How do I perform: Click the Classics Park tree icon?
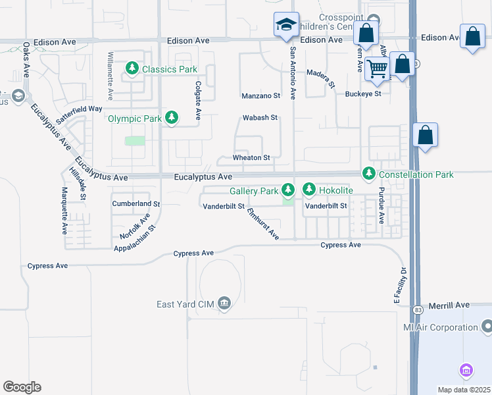(x=133, y=68)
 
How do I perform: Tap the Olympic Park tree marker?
(x=172, y=118)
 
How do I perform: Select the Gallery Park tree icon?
(x=287, y=190)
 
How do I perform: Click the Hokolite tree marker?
(x=309, y=190)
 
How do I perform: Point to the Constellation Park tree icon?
(x=368, y=174)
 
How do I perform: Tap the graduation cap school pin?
(x=286, y=26)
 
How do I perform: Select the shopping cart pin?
(x=377, y=67)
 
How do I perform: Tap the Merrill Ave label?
(x=452, y=305)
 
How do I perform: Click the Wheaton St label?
(x=251, y=158)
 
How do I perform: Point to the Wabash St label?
(x=260, y=118)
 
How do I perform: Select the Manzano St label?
(x=260, y=95)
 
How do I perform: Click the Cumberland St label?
(x=136, y=204)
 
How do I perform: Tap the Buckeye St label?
(x=363, y=94)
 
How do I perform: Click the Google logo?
(x=22, y=387)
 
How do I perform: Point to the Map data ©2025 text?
(x=464, y=390)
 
